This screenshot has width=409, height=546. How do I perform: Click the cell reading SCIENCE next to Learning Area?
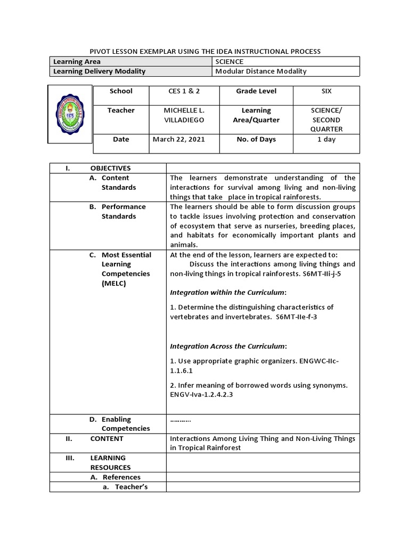(230, 62)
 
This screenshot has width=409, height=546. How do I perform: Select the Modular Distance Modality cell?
(261, 71)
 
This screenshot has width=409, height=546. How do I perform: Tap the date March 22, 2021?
(178, 139)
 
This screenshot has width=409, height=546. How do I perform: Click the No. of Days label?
(256, 139)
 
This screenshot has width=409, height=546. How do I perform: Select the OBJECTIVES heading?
(110, 168)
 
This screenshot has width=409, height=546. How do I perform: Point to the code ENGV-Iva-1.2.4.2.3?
(201, 395)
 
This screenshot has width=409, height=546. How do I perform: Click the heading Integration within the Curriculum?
(228, 292)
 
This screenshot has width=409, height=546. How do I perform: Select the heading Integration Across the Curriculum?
(228, 346)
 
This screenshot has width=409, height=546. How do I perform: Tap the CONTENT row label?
(107, 438)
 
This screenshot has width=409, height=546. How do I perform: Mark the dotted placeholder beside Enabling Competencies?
(181, 420)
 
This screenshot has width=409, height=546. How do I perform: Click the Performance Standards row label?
(124, 212)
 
